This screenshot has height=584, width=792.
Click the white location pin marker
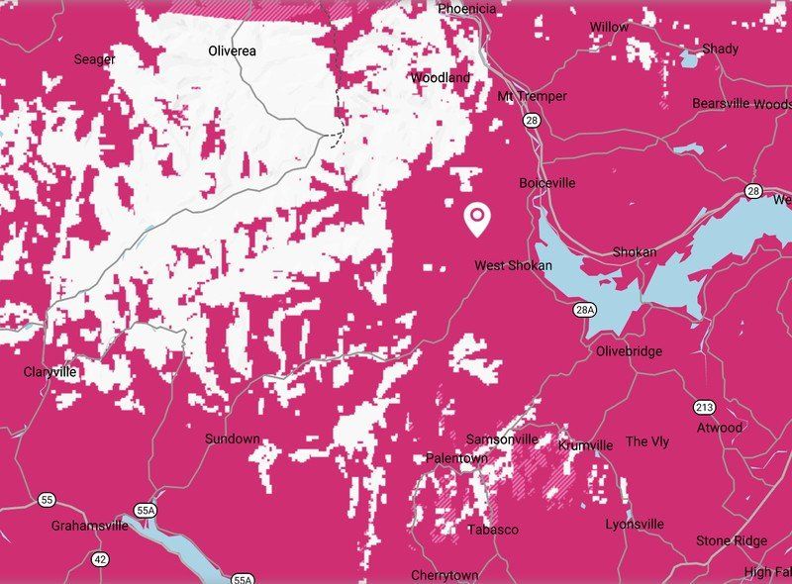(478, 219)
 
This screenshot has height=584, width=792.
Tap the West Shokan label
(513, 265)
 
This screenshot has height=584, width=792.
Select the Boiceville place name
(546, 183)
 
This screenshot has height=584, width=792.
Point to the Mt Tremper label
(533, 96)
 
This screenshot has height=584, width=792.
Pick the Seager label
(95, 59)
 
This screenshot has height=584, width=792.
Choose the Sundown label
(232, 438)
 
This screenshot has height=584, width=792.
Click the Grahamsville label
(90, 526)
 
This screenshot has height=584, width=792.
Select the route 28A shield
(585, 310)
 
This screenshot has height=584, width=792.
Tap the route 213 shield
(704, 407)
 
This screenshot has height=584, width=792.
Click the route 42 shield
(100, 559)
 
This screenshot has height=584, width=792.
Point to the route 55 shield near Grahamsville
(47, 499)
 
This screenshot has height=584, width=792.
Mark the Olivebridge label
(630, 351)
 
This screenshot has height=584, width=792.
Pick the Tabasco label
(492, 530)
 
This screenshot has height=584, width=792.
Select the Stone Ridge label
(731, 540)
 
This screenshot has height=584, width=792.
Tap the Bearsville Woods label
(741, 104)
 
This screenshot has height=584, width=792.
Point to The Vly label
(647, 441)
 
